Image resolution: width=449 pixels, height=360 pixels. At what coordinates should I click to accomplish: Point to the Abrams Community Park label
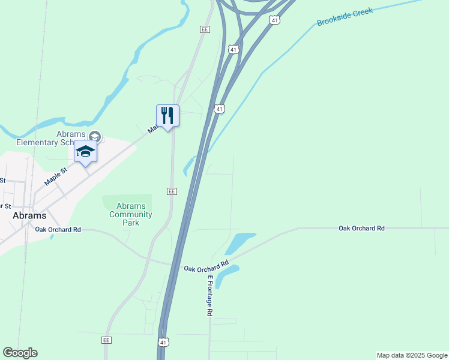click(130, 214)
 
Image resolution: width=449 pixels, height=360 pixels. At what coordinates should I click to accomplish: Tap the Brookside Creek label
click(345, 17)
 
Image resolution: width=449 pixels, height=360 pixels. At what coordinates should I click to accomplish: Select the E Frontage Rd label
click(210, 296)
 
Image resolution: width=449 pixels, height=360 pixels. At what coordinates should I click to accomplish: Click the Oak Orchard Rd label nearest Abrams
click(58, 230)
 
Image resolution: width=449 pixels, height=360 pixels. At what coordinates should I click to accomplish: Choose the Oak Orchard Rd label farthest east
click(361, 229)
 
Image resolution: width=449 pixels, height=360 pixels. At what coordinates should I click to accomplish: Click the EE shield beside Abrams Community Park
click(172, 191)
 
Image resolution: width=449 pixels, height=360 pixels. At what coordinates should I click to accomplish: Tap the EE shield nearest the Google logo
click(107, 340)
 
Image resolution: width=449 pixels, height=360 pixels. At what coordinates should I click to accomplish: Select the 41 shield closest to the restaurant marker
click(220, 109)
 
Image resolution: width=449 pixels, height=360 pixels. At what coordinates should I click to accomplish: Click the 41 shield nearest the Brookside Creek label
click(274, 20)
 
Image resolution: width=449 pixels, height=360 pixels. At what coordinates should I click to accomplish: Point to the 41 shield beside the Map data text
click(163, 342)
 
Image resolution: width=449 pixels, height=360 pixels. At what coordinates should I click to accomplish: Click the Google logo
click(20, 353)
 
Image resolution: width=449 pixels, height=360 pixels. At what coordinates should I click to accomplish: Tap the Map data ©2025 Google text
click(412, 355)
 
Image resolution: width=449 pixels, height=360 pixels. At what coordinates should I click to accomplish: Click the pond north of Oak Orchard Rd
click(240, 243)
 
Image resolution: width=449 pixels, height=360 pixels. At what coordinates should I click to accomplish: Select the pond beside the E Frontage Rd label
click(226, 275)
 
